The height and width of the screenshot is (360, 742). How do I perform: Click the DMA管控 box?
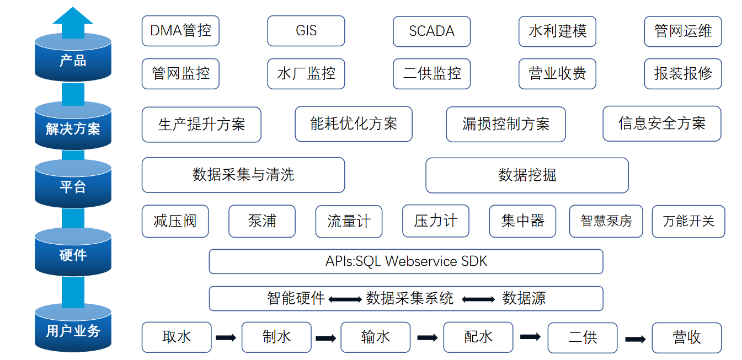tap(180, 31)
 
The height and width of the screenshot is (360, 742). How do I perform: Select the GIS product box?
tap(306, 31)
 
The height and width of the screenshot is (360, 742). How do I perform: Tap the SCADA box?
tap(431, 31)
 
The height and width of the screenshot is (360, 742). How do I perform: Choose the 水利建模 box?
tap(557, 31)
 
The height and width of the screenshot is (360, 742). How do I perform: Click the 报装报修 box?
tap(683, 74)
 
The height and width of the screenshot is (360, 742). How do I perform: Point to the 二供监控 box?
tap(431, 74)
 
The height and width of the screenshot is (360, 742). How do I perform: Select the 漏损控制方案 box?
tap(506, 124)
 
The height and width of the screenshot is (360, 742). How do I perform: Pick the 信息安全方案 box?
tap(661, 123)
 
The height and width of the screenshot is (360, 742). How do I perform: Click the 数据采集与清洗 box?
tap(243, 175)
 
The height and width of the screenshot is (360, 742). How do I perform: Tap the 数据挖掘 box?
tap(527, 175)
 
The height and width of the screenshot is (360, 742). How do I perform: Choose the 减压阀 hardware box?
tap(175, 221)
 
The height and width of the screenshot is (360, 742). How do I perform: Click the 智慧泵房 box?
tap(606, 221)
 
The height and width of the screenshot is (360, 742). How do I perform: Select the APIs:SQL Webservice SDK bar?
tap(405, 261)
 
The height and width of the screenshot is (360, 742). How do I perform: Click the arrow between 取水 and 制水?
tap(226, 337)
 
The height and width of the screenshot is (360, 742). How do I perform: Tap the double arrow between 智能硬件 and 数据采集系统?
tap(345, 299)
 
